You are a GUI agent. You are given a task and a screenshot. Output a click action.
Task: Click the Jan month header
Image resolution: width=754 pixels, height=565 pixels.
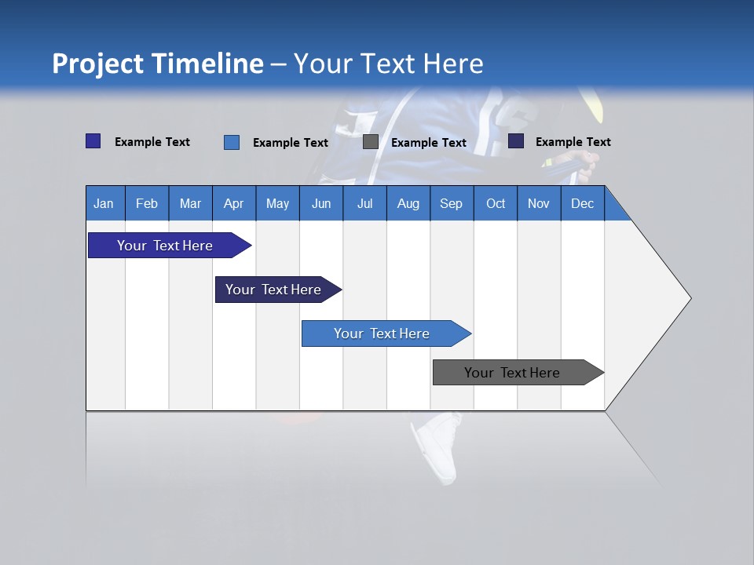[104, 203]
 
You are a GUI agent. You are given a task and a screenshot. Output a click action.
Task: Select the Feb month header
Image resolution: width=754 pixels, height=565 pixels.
[147, 203]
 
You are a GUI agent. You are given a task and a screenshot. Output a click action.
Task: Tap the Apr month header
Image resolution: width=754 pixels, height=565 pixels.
[233, 203]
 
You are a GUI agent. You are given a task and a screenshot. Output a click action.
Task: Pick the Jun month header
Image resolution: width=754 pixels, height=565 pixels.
[321, 203]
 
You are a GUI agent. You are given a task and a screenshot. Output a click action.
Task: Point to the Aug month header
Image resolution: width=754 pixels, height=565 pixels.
[408, 203]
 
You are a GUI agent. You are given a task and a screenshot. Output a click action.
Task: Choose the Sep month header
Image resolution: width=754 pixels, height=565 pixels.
[451, 203]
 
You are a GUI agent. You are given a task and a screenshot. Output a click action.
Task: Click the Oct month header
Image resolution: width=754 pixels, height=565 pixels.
[496, 203]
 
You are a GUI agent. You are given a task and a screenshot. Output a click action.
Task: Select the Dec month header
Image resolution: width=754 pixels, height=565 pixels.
[582, 203]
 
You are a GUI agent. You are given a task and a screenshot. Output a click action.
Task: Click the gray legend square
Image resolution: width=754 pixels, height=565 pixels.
[371, 142]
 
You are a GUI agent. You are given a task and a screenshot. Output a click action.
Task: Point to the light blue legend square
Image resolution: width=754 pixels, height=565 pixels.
[232, 142]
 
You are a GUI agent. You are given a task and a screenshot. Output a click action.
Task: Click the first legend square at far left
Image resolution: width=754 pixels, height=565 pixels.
[93, 141]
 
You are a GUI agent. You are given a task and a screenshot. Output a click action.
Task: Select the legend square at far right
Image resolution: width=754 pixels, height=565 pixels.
[516, 141]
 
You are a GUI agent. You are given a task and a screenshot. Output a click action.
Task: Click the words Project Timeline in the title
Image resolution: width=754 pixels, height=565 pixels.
[157, 64]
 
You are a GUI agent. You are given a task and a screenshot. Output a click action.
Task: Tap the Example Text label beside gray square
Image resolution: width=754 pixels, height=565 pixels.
[429, 143]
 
